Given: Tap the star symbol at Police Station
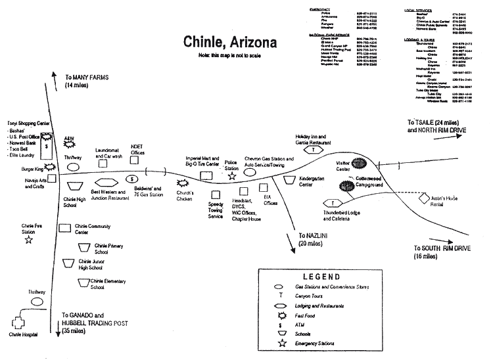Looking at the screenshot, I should coord(232,177).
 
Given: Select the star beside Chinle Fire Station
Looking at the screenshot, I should coord(29,240).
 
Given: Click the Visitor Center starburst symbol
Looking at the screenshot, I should coord(358,162).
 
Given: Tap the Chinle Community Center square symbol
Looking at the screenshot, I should coord(65,227).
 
